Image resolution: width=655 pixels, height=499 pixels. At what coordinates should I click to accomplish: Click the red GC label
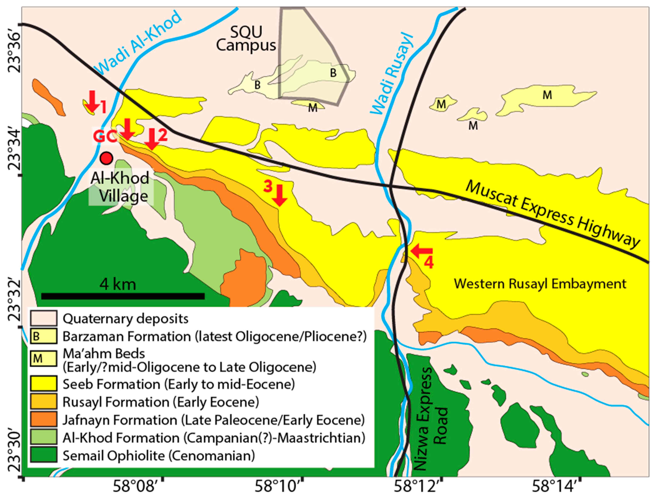tap(104, 136)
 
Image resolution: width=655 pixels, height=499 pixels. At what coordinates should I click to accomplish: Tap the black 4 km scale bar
tap(123, 296)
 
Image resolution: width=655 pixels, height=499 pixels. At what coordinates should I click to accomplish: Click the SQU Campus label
tap(246, 39)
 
